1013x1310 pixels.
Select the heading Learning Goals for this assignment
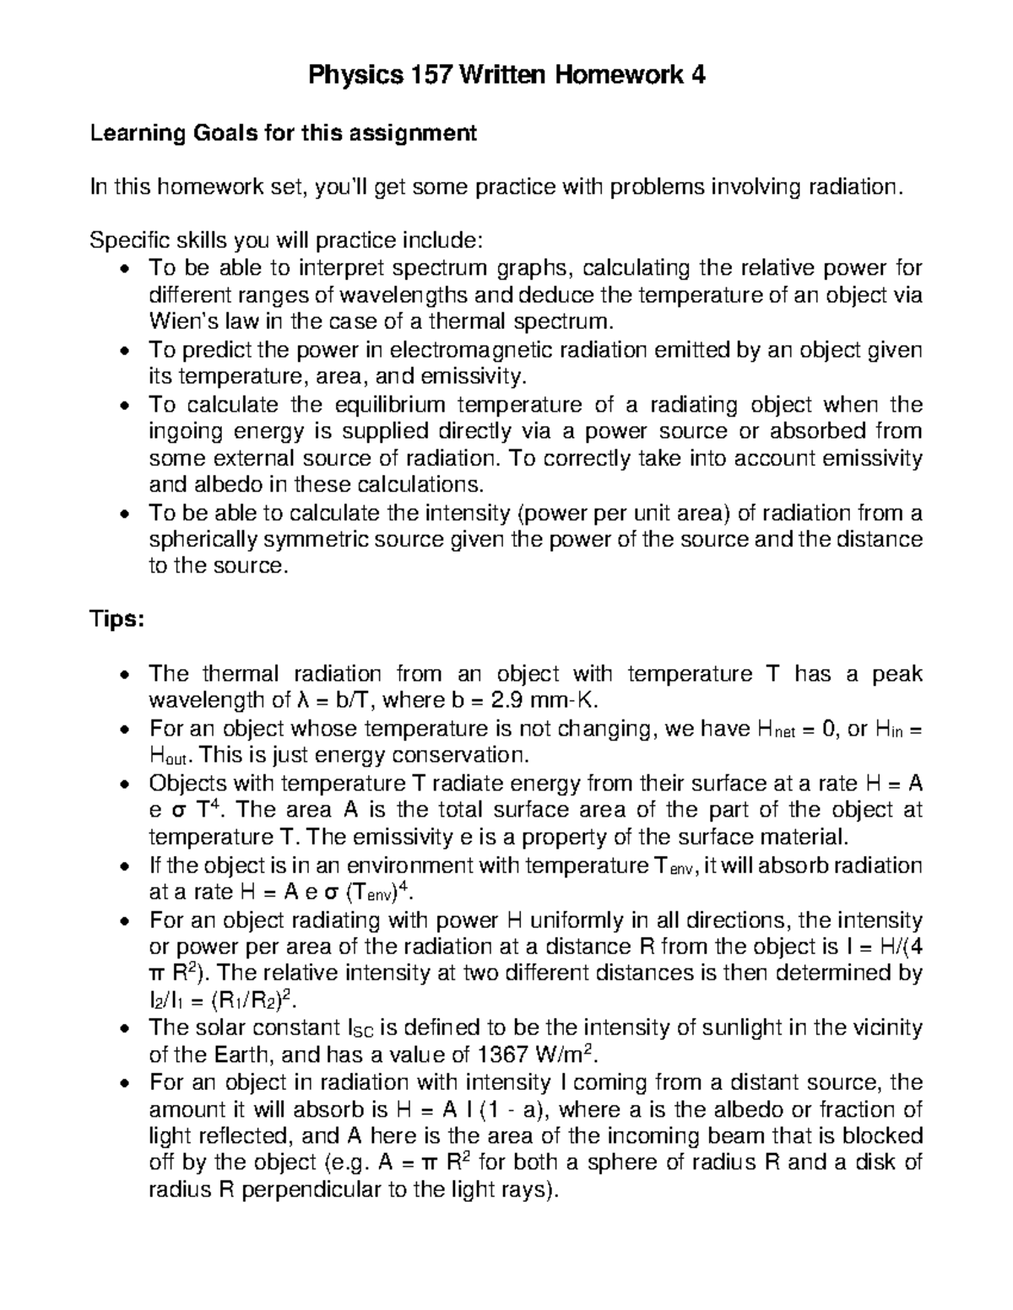tap(284, 133)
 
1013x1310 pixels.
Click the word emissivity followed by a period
tap(483, 376)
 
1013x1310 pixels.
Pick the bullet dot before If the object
tap(125, 867)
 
